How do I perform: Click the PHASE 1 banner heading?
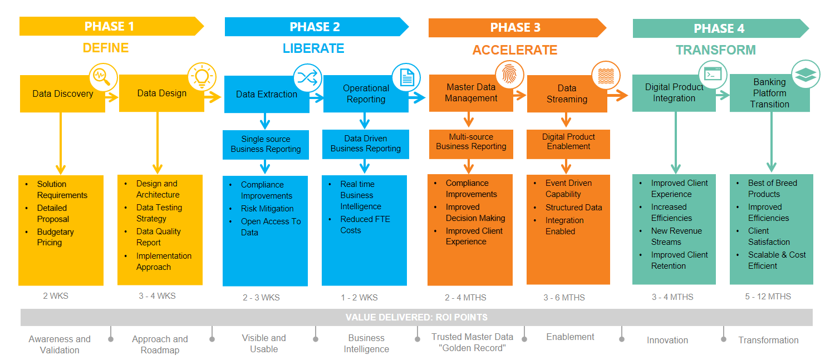point(109,26)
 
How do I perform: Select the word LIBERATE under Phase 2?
point(313,48)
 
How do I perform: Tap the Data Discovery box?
point(62,94)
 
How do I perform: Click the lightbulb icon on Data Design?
point(202,77)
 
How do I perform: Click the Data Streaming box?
point(567,94)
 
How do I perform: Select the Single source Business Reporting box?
point(266,144)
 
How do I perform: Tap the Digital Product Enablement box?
point(568,142)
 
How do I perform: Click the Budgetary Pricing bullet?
point(55,237)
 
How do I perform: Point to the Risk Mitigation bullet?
point(267,209)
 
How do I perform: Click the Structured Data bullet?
point(573,208)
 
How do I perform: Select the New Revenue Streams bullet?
point(676,236)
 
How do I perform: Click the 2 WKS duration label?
point(56,296)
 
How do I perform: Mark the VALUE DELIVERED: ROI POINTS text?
point(416,317)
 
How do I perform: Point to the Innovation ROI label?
point(667,340)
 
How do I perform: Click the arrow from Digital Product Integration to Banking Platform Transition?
point(723,95)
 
